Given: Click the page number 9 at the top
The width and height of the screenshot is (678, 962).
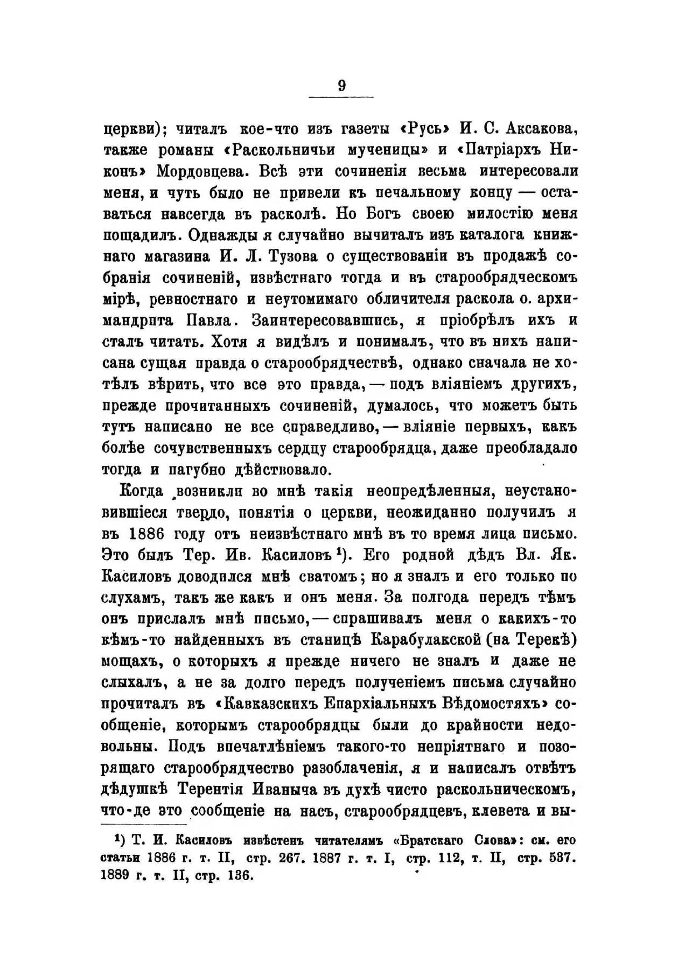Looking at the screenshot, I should [x=342, y=86].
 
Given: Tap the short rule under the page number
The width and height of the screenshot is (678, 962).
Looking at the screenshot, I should [x=341, y=97].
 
